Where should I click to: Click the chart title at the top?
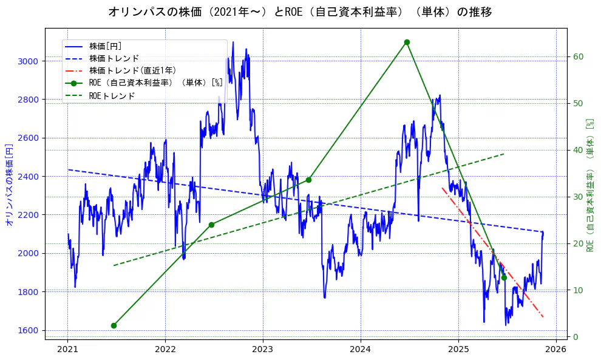(300, 12)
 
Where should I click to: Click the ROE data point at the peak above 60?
(407, 42)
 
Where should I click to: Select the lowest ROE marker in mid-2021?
(114, 325)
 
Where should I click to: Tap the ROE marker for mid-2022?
(211, 225)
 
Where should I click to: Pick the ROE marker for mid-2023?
(308, 180)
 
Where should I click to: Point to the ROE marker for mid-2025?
(504, 277)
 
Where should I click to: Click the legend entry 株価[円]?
(106, 46)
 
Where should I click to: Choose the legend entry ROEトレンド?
(112, 96)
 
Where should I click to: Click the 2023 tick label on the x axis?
(263, 350)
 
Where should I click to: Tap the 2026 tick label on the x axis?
(555, 350)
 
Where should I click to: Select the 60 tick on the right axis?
(578, 56)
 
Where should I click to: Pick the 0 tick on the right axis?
(575, 337)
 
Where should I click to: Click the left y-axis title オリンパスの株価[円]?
(9, 185)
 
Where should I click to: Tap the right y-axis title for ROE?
(589, 185)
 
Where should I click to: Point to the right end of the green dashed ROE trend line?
(504, 154)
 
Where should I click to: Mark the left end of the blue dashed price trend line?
(68, 169)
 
